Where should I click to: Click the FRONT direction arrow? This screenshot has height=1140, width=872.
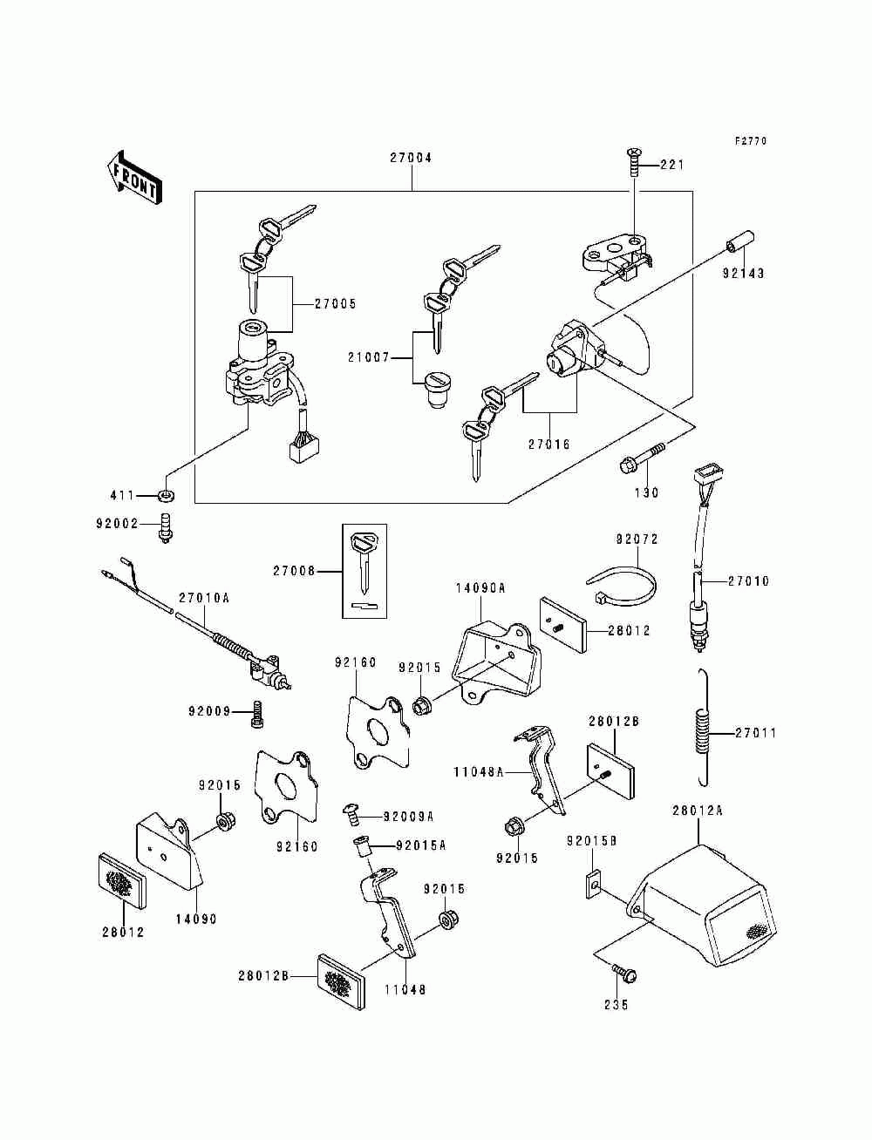click(x=133, y=178)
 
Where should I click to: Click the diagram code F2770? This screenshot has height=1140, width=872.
click(x=750, y=140)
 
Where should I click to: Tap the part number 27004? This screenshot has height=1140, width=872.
click(x=411, y=158)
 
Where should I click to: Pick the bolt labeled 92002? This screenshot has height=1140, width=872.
click(x=165, y=527)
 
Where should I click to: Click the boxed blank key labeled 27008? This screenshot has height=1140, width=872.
click(x=364, y=571)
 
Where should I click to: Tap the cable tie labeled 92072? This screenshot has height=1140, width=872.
click(x=623, y=585)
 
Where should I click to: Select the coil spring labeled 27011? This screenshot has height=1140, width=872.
click(x=704, y=728)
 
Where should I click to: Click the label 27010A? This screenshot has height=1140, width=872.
click(x=204, y=597)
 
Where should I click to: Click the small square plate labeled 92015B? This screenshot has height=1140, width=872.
click(x=594, y=884)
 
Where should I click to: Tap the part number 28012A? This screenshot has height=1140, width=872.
click(x=698, y=811)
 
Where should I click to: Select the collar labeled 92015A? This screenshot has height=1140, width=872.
click(x=362, y=847)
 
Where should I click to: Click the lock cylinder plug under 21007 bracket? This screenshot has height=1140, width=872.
click(x=437, y=390)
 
